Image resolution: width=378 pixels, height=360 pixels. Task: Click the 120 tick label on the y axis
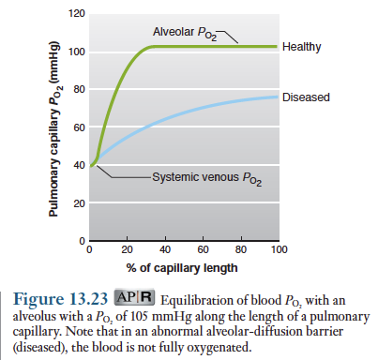click(x=77, y=14)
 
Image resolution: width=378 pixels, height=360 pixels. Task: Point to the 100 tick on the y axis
click(x=77, y=52)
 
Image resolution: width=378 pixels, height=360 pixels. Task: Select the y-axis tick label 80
click(x=79, y=90)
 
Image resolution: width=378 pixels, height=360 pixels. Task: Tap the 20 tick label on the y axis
click(x=79, y=203)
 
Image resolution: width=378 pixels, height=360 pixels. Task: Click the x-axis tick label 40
click(x=165, y=249)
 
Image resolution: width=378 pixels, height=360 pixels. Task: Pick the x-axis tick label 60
click(x=203, y=249)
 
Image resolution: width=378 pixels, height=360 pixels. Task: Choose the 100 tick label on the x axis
click(x=279, y=249)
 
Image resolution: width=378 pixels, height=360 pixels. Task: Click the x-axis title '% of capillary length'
click(x=182, y=268)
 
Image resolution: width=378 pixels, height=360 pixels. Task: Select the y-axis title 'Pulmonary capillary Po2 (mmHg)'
click(x=54, y=128)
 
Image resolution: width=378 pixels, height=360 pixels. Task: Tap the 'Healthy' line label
click(x=302, y=47)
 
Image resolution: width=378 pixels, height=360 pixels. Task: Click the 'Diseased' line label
click(x=306, y=97)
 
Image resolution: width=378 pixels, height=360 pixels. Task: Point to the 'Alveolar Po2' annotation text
click(x=185, y=33)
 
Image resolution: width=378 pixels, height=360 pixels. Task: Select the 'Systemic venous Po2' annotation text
click(x=207, y=178)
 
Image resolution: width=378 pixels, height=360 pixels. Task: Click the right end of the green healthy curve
click(x=277, y=47)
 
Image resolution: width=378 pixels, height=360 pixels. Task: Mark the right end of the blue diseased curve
click(x=277, y=97)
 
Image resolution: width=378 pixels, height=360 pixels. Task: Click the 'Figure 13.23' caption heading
click(x=60, y=298)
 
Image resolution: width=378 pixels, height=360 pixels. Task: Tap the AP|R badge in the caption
click(x=134, y=297)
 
